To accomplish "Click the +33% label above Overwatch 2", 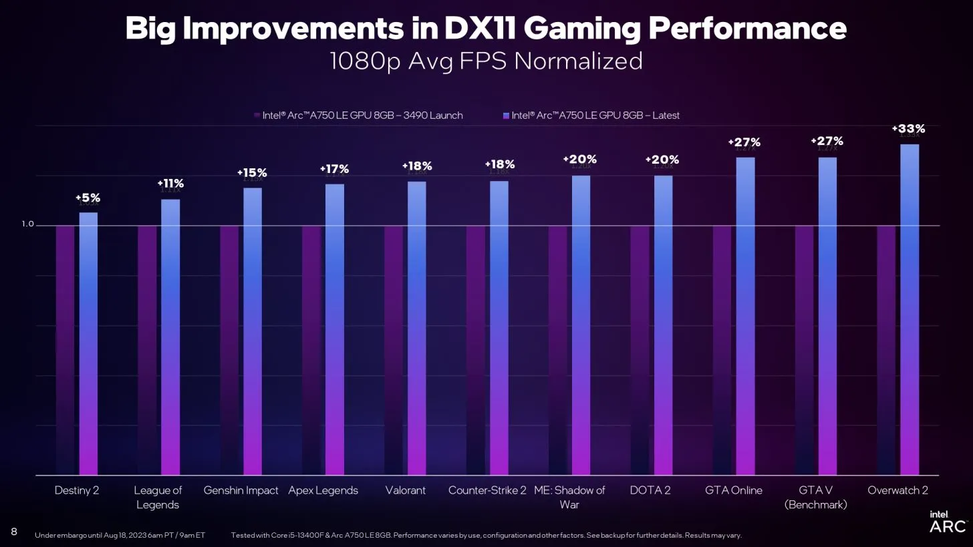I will (908, 129).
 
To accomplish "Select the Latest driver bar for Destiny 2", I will (88, 343).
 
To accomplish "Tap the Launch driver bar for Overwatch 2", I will (886, 350).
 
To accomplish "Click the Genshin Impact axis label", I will (241, 490).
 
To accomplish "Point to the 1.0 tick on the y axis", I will (27, 224).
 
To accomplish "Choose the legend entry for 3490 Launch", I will (358, 116).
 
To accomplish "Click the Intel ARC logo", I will (947, 522).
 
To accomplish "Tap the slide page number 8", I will (14, 532).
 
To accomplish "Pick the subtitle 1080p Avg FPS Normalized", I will (486, 61).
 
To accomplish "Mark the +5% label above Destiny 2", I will (88, 198).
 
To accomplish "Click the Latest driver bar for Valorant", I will (416, 328).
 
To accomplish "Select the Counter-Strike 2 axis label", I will (487, 490).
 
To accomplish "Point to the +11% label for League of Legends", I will (170, 184).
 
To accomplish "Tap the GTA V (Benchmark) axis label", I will (815, 498).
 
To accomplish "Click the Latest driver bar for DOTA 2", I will (663, 325).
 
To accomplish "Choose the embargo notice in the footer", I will (120, 535).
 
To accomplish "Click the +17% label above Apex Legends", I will (334, 169).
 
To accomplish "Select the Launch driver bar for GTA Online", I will (722, 350).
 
